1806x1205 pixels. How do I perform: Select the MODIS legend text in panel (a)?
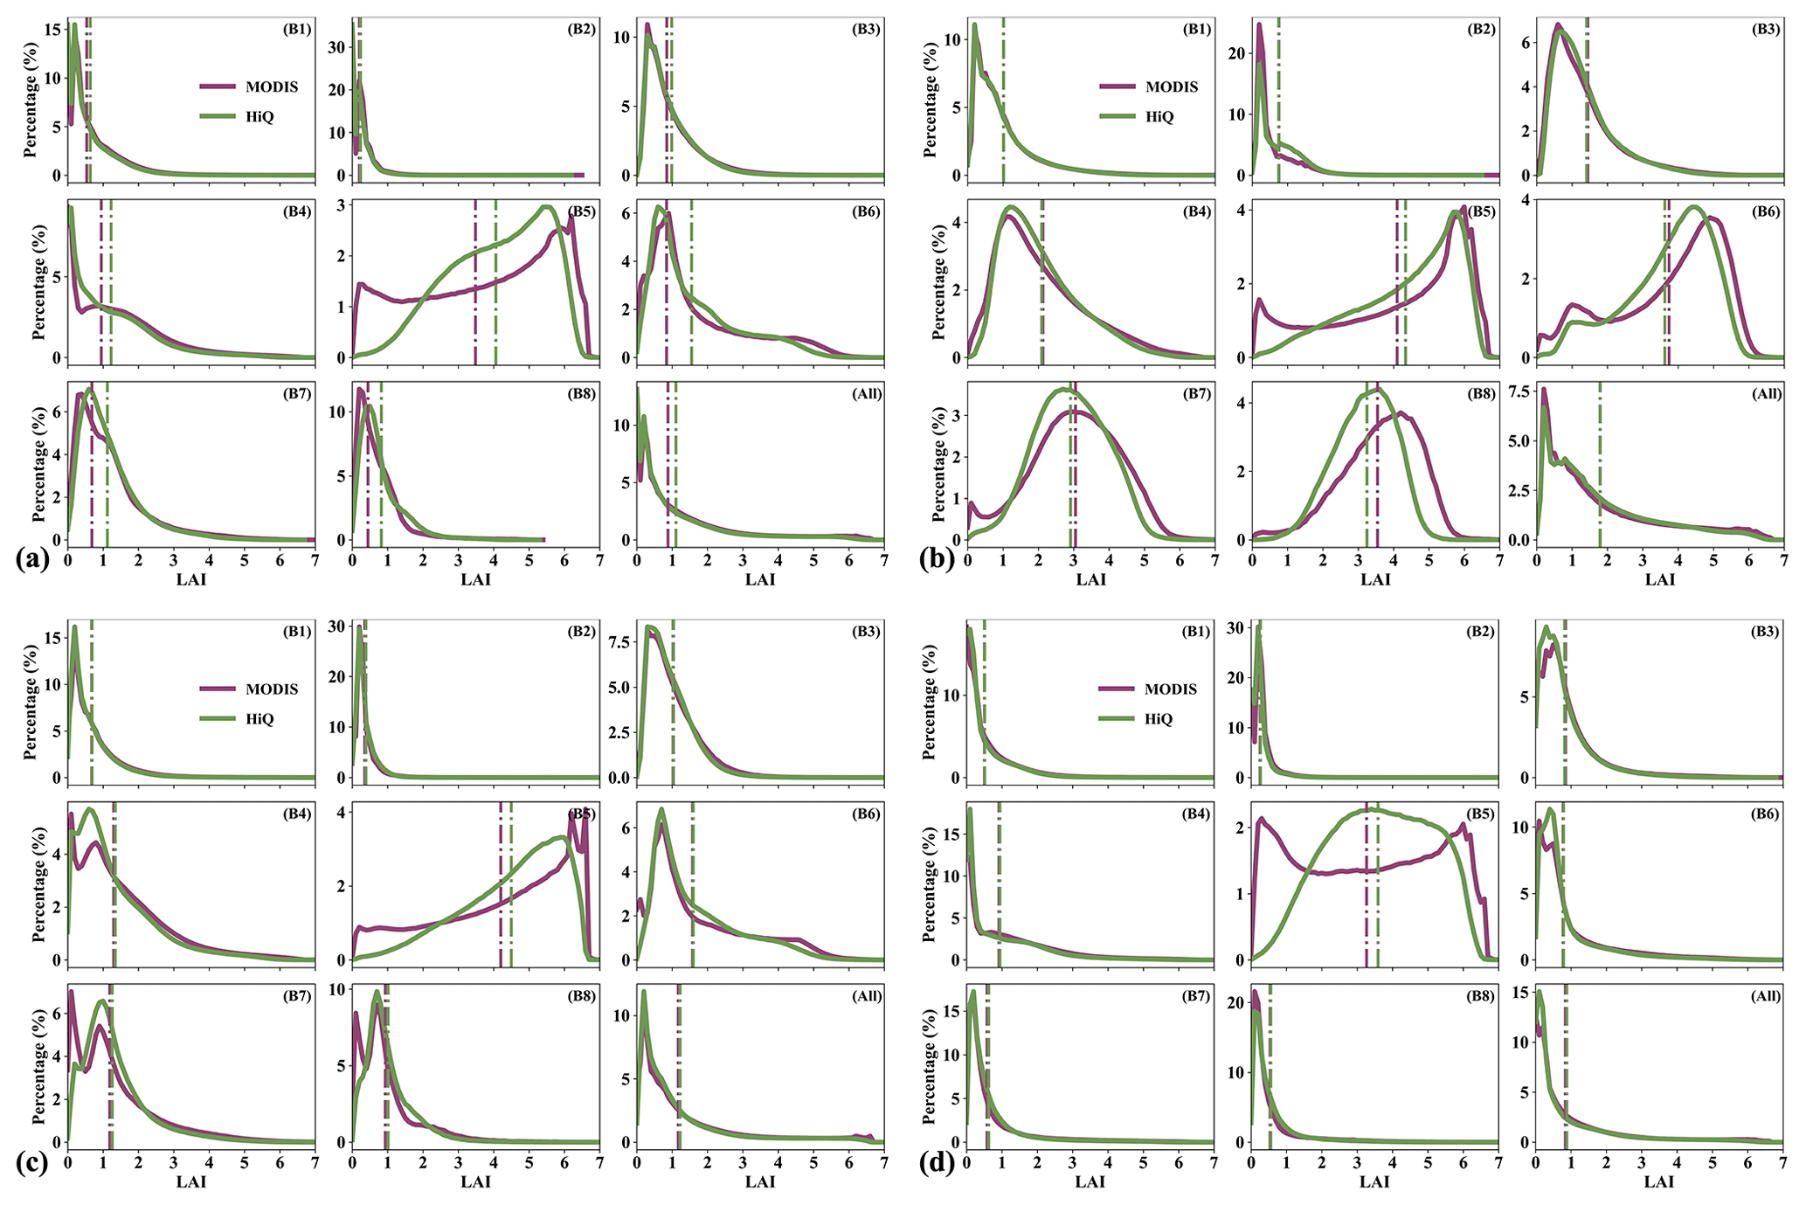click(272, 87)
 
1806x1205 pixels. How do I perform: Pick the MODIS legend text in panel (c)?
click(272, 689)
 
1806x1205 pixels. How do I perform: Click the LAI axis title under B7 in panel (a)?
click(191, 578)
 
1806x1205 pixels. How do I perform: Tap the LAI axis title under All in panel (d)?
click(1659, 1181)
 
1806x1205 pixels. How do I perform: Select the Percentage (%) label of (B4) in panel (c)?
click(39, 883)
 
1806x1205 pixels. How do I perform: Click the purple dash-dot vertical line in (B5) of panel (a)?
click(475, 288)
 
